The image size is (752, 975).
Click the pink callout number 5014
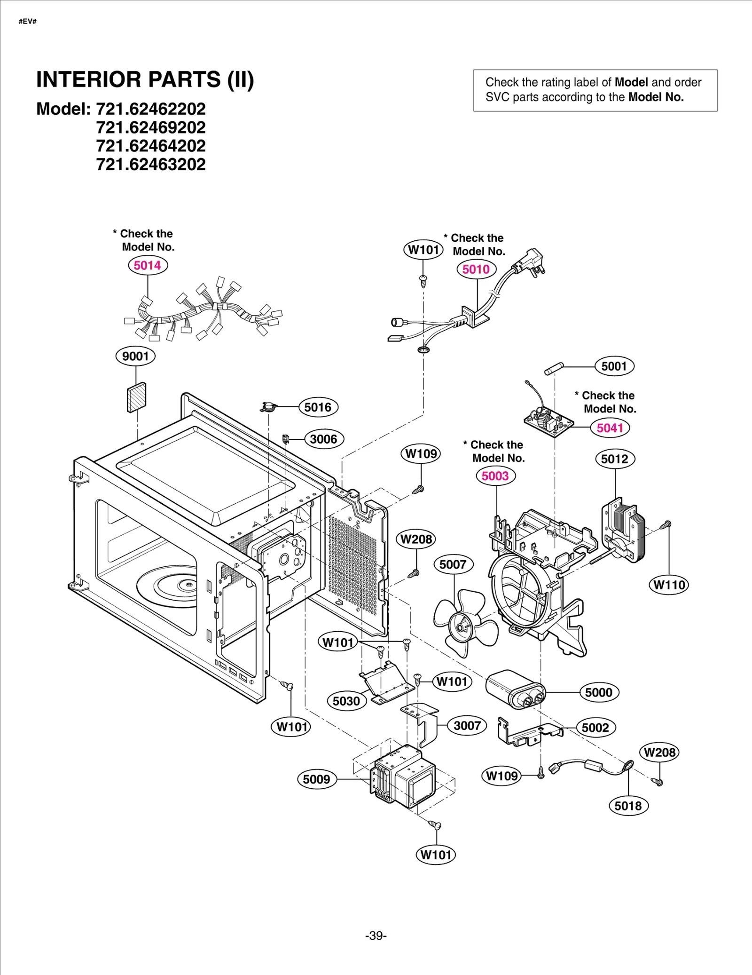tap(148, 265)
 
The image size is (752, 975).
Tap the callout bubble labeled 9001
tap(135, 356)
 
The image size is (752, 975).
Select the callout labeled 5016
tap(318, 407)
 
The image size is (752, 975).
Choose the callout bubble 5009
tap(316, 779)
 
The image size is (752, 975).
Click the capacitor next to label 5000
tap(514, 690)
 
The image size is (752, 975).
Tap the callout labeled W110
tap(669, 585)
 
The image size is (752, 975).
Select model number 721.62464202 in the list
tap(151, 146)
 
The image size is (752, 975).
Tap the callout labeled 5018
tap(628, 806)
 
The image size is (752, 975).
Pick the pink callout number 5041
tap(610, 428)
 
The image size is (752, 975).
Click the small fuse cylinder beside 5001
tap(554, 368)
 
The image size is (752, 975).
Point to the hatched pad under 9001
tap(137, 397)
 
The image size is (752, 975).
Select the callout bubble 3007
tap(467, 726)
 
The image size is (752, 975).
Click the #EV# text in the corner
tap(28, 22)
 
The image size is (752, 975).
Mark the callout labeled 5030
tap(346, 701)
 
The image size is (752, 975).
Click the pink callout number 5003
tap(495, 476)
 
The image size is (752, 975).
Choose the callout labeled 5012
tap(615, 459)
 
